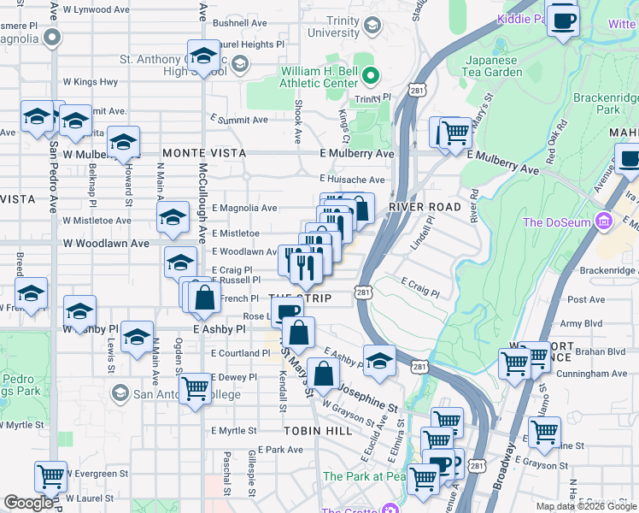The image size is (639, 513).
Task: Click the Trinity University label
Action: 331,26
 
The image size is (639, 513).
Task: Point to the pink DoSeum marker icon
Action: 605,221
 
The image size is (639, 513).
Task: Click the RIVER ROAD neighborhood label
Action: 424,208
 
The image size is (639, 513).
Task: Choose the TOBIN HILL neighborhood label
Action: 318,432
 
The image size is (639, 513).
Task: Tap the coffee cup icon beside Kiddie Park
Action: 563,20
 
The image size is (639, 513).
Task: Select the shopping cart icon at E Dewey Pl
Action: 196,387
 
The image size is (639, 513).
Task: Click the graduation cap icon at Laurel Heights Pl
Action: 203,56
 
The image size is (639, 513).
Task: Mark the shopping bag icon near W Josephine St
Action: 323,374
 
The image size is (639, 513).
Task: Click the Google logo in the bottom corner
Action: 29,503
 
